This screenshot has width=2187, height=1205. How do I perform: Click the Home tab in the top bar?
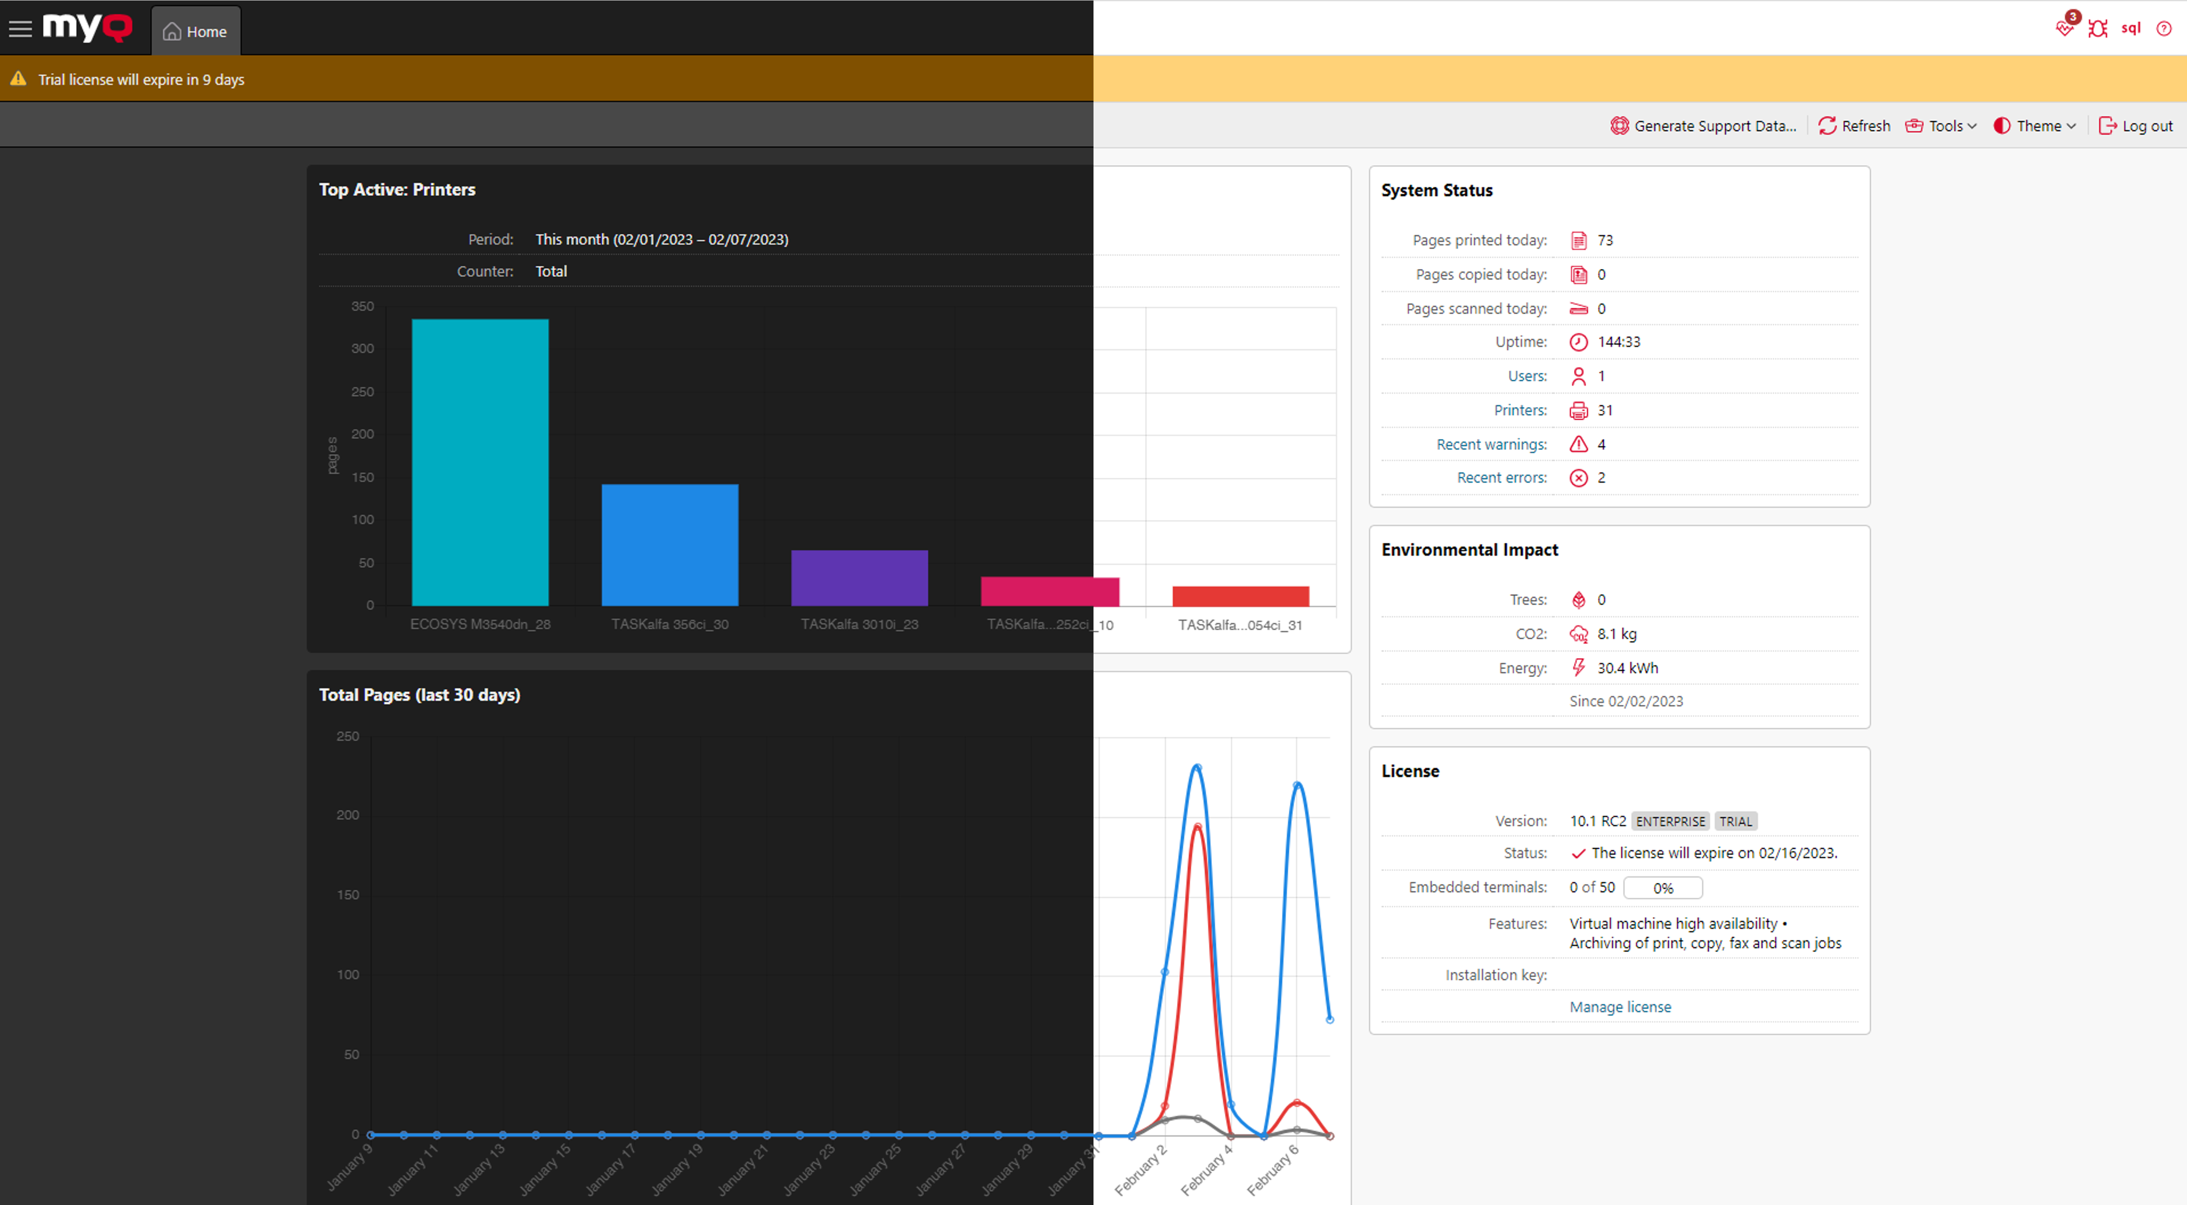tap(195, 31)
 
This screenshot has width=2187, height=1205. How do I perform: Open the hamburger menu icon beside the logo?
tap(20, 29)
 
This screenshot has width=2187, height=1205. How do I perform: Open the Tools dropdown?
tap(1941, 126)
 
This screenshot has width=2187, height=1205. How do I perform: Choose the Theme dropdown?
tap(2034, 126)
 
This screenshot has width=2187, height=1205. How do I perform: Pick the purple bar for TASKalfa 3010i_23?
tap(859, 578)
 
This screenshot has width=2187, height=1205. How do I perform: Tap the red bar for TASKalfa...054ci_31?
tap(1240, 596)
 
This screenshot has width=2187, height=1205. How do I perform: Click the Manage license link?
tap(1620, 1006)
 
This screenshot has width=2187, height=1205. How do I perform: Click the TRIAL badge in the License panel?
tap(1735, 821)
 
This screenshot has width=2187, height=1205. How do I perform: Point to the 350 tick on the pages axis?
tap(362, 307)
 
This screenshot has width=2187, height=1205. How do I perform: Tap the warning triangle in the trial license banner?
tap(18, 79)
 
